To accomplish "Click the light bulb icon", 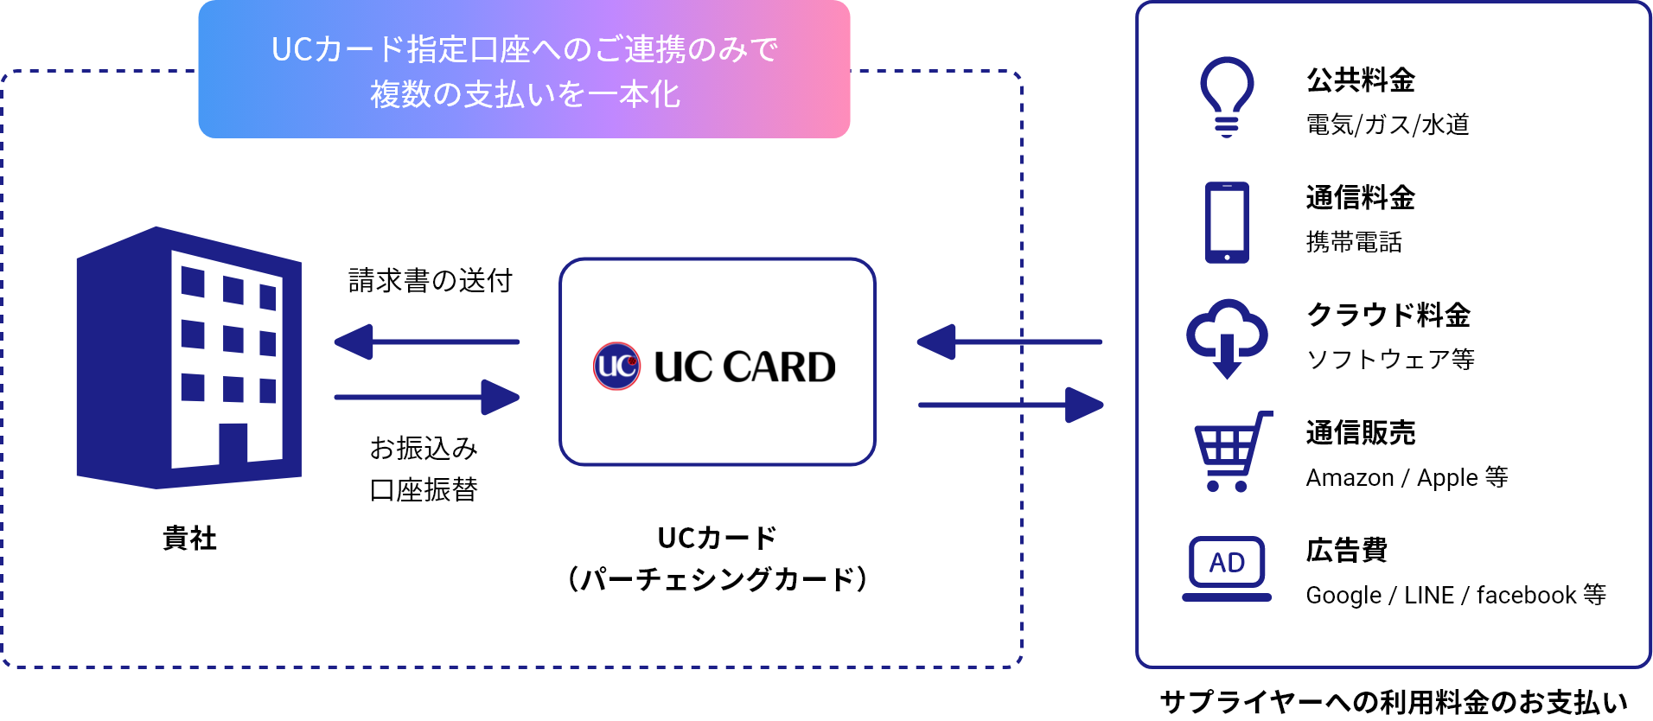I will pyautogui.click(x=1226, y=95).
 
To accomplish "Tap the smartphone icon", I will pyautogui.click(x=1227, y=222).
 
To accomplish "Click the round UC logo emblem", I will pyautogui.click(x=616, y=366).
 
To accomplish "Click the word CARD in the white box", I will pyautogui.click(x=779, y=367).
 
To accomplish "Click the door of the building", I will pyautogui.click(x=233, y=443).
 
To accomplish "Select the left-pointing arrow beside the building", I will pyautogui.click(x=425, y=342).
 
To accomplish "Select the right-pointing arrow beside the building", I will pyautogui.click(x=427, y=398).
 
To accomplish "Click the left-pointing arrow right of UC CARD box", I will pyautogui.click(x=1008, y=342).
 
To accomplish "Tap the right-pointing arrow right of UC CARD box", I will pyautogui.click(x=1011, y=405).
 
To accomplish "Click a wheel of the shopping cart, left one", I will pyautogui.click(x=1213, y=487).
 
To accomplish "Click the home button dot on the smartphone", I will pyautogui.click(x=1227, y=257).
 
